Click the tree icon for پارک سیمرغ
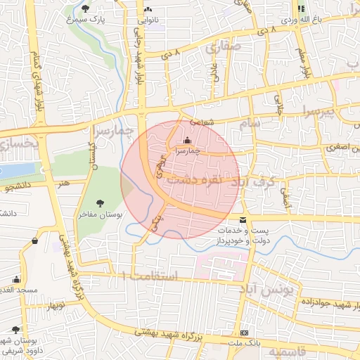point(86,9)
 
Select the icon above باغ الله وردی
point(301,9)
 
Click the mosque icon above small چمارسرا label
point(187,140)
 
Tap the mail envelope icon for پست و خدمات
point(243,221)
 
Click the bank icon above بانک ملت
point(244,332)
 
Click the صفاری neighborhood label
point(223,49)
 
